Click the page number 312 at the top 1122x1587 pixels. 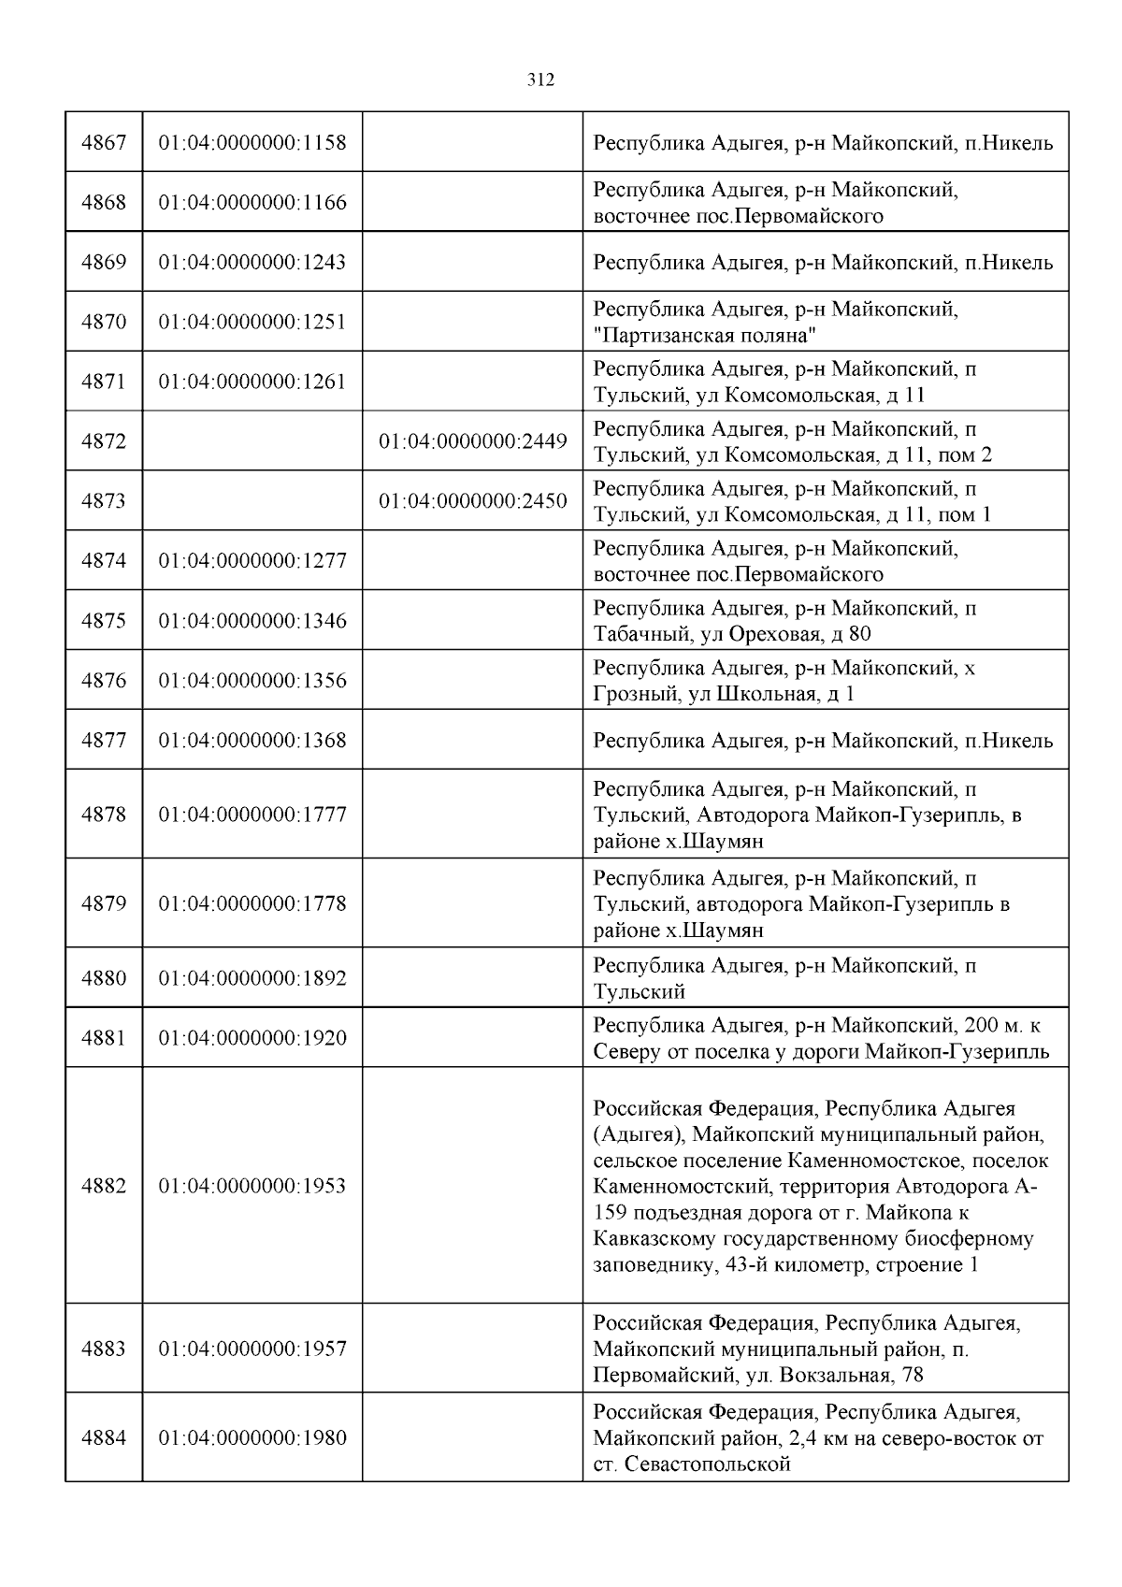point(540,80)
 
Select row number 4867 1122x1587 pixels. point(104,143)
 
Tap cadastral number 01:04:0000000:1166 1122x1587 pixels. point(252,203)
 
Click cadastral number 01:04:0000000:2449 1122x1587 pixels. point(472,441)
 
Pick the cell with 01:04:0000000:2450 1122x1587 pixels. point(472,501)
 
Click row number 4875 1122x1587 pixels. point(104,621)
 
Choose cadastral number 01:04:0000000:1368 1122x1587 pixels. point(252,741)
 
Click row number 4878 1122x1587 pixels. point(104,815)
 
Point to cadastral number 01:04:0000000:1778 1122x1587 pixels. point(252,904)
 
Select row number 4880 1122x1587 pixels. point(104,978)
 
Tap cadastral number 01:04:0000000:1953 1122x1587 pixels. point(252,1186)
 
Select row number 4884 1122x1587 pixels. point(104,1438)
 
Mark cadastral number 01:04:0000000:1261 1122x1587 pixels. point(252,382)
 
